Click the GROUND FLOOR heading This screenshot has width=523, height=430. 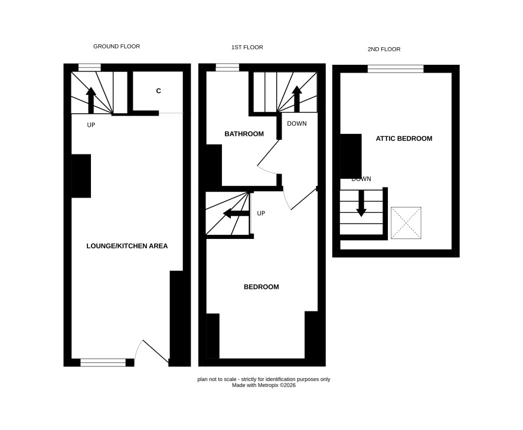click(116, 47)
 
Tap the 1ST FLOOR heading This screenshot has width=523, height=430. click(247, 47)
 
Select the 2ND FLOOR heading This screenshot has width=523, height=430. click(384, 50)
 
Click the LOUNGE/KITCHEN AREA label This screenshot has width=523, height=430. click(127, 246)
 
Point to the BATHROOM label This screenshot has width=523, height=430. click(244, 134)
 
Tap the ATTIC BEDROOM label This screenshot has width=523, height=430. click(404, 139)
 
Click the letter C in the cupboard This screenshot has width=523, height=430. click(158, 91)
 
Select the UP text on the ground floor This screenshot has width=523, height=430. click(91, 125)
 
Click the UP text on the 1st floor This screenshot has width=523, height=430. click(261, 214)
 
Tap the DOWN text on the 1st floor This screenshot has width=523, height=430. click(296, 124)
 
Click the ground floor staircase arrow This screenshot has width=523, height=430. click(91, 100)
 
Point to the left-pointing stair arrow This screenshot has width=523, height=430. click(236, 214)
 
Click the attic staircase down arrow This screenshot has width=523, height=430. click(361, 203)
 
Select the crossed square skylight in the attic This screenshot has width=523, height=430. click(406, 223)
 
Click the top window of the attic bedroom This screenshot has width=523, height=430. click(395, 69)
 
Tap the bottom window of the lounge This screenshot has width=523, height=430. click(103, 363)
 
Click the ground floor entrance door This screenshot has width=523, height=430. click(155, 351)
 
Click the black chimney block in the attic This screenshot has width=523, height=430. click(351, 156)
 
